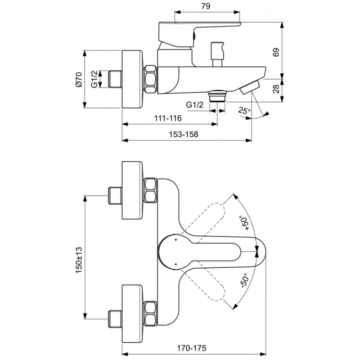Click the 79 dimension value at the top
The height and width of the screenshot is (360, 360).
(205, 6)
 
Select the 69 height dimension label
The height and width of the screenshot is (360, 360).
(289, 53)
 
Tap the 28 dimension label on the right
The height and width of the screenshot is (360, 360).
(289, 89)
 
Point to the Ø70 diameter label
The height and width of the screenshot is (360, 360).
(80, 79)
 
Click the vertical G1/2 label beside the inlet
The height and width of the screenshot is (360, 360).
(95, 79)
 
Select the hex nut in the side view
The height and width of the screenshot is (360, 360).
(150, 79)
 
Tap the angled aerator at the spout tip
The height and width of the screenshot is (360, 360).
(250, 87)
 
